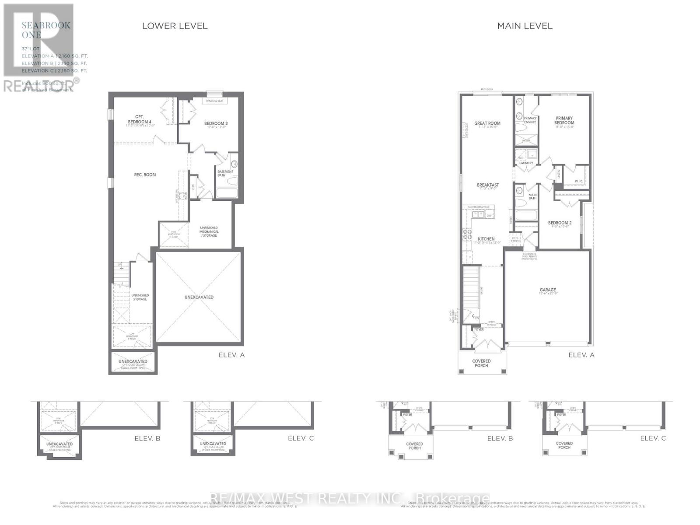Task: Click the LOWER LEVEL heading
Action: point(175,26)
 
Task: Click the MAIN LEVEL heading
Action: point(525,26)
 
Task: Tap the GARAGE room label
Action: point(548,290)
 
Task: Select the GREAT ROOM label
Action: point(487,123)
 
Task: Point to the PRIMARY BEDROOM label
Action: point(564,120)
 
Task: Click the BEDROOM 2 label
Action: point(560,223)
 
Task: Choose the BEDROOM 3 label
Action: point(216,123)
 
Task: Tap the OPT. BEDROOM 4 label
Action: point(140,119)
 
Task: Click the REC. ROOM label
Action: point(145,175)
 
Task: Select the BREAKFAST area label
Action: point(488,185)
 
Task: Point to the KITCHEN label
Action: point(486,239)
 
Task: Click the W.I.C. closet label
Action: point(579,181)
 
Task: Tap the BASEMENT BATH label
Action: point(225,173)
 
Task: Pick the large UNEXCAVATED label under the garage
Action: point(199,297)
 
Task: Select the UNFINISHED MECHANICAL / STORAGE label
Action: point(209,231)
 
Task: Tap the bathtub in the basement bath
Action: point(227,192)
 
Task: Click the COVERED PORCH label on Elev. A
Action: point(481,363)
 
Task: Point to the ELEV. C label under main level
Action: point(653,438)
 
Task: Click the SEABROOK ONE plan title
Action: point(46,30)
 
